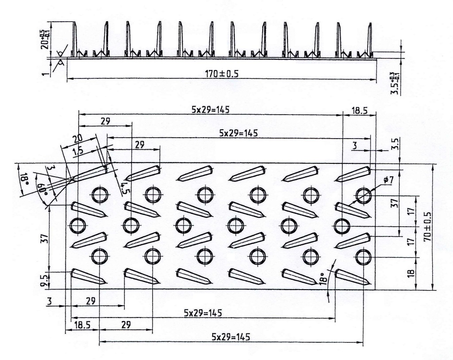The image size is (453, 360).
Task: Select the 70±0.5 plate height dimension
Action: coord(427,226)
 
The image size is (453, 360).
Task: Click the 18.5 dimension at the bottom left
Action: coord(82,325)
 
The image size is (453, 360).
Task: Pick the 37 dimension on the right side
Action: coord(395,203)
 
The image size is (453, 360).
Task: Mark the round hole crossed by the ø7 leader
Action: coord(363,195)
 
